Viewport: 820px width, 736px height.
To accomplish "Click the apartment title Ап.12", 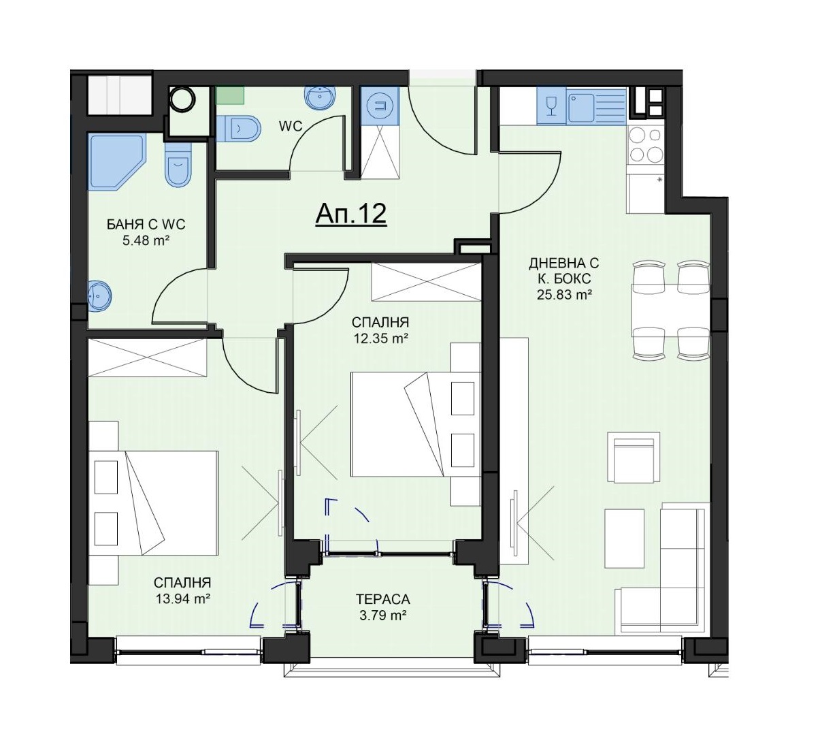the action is pos(350,214).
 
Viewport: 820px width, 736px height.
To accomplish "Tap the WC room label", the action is pos(290,127).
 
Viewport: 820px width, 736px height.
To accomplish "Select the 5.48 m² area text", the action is pos(146,241).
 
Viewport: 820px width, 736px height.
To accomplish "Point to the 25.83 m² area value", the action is pos(564,295).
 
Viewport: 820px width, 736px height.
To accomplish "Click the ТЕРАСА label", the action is pos(383,599).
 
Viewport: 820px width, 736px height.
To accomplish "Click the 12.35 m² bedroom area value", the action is pos(380,338).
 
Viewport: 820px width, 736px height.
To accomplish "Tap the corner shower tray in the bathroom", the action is pos(116,162).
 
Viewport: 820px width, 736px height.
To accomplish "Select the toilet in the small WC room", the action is pos(237,129).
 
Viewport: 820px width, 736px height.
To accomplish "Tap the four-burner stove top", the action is pos(646,144).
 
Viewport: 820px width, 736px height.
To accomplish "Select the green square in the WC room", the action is pos(230,95).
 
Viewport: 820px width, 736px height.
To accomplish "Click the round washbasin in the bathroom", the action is pos(99,295).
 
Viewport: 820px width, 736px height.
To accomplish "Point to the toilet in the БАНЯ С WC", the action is pos(178,165).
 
